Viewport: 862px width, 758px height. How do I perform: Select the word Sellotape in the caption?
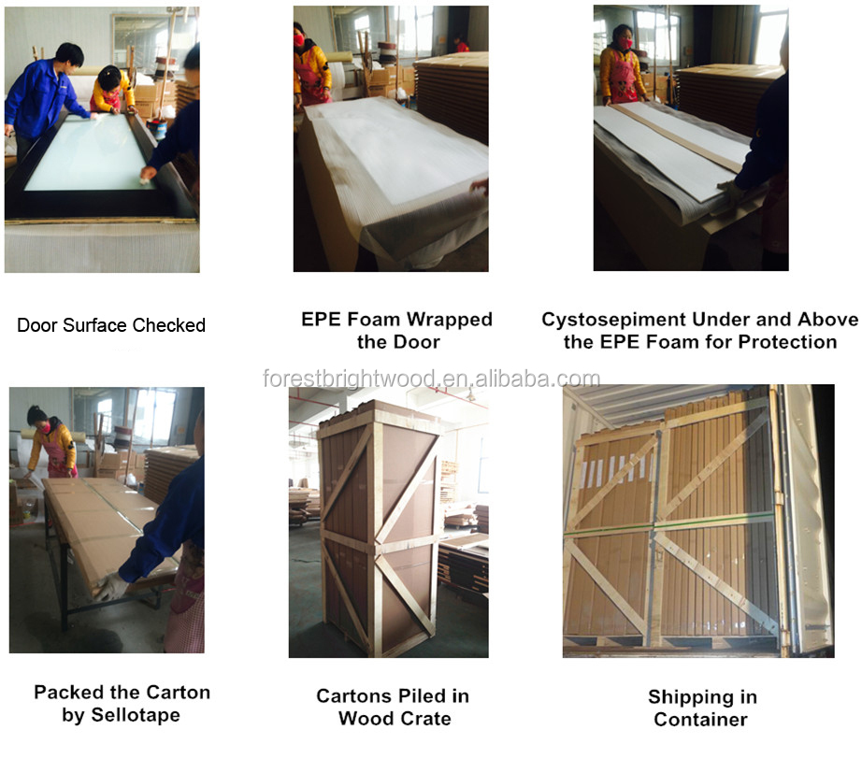(136, 715)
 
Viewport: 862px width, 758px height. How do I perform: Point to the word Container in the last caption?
(701, 720)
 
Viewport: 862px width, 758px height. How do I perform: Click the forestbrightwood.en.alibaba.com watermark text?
(432, 379)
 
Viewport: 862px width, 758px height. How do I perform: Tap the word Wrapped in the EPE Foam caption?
(450, 320)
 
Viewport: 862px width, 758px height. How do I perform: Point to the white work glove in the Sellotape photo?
(111, 587)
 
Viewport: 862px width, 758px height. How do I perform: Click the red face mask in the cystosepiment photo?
(625, 43)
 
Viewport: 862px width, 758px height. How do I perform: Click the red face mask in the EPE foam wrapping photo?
(298, 40)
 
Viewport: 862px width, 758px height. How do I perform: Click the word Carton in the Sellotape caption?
(179, 693)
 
